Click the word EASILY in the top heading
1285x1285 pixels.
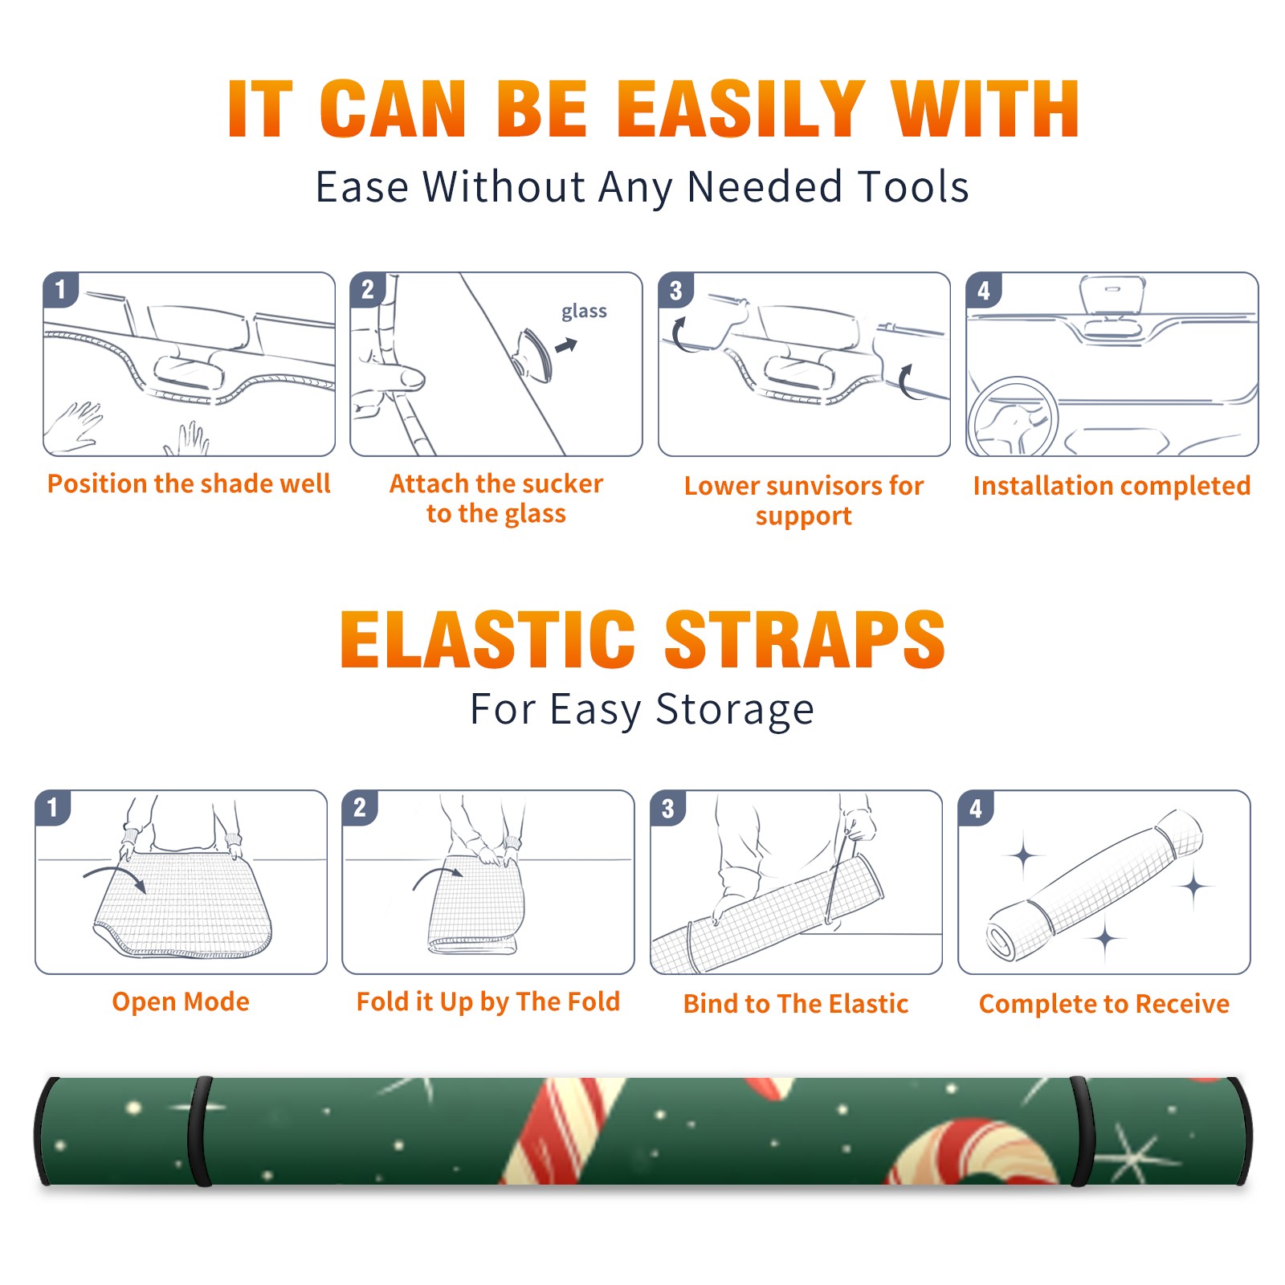[740, 109]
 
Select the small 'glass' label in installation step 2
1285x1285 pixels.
[584, 312]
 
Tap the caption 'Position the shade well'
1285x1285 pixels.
[189, 483]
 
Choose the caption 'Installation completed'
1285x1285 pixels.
[1112, 486]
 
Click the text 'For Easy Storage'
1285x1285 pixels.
[642, 710]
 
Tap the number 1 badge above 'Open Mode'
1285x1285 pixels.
[53, 807]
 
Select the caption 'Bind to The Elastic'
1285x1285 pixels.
[795, 1004]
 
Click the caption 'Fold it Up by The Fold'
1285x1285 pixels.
[488, 1002]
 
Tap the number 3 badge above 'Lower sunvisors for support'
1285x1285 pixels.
[675, 290]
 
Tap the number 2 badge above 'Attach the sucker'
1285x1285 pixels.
[368, 290]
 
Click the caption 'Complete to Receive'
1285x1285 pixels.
[1104, 1004]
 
